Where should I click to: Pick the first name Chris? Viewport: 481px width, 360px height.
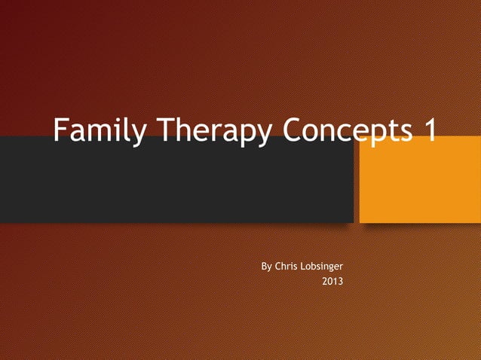(x=288, y=267)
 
